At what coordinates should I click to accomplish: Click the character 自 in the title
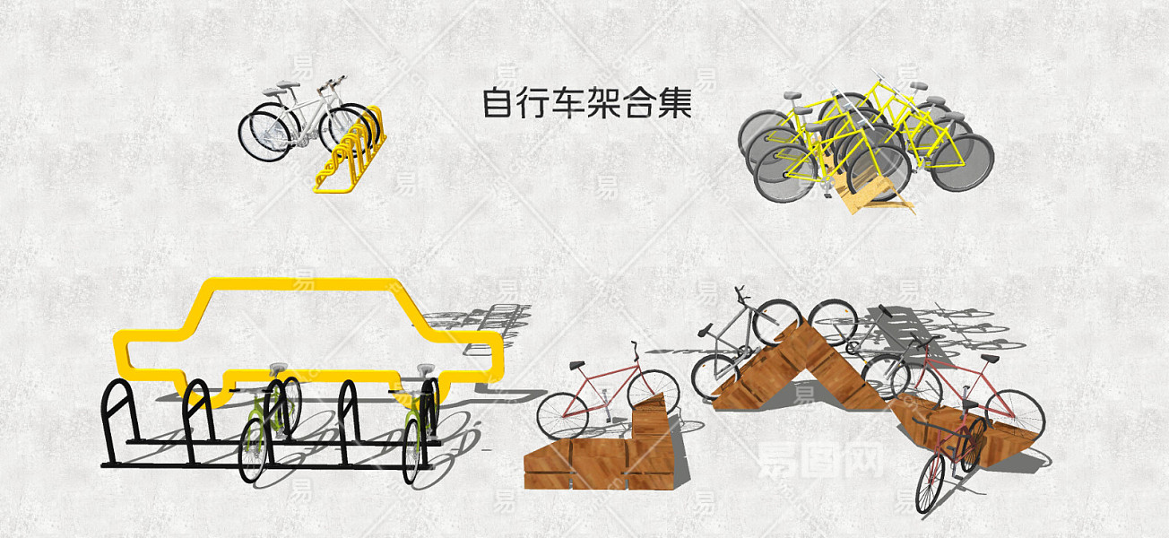[x=497, y=103]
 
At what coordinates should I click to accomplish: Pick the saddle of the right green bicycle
[x=425, y=369]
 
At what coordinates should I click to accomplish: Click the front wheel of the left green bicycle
[x=253, y=450]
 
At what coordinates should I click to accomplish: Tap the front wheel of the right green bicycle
[x=411, y=451]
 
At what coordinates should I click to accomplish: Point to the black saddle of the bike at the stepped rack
[x=577, y=365]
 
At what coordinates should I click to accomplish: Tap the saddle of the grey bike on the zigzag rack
[x=706, y=330]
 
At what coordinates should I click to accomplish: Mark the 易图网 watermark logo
[x=820, y=460]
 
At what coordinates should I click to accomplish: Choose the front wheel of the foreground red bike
[x=930, y=482]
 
